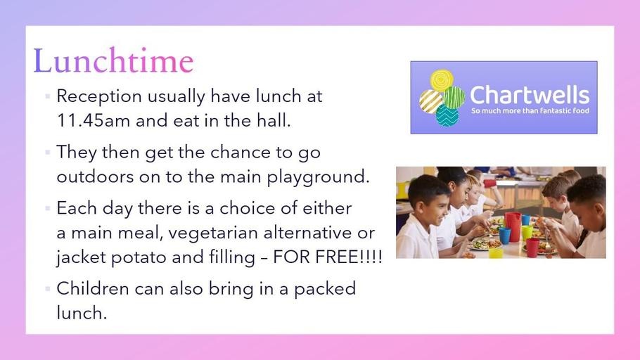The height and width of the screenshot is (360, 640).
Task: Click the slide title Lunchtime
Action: tap(113, 60)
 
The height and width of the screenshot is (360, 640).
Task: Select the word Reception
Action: tap(99, 97)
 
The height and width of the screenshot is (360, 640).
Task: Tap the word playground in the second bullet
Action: tap(318, 177)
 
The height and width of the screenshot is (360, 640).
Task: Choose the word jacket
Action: tap(81, 258)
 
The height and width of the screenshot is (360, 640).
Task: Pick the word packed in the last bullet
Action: tap(325, 289)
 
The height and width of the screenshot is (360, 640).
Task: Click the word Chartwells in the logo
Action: tap(530, 95)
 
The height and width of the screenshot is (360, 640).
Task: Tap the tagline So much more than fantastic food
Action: tap(530, 110)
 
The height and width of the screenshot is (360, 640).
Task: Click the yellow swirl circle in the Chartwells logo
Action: tap(442, 80)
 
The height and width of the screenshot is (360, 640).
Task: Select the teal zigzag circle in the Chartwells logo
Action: tap(447, 115)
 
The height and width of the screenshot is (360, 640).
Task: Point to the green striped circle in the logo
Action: tap(454, 97)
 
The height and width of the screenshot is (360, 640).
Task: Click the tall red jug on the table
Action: tap(513, 227)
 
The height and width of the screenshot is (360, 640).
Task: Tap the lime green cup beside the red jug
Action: tap(527, 233)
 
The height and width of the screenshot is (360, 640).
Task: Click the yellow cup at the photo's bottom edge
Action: tap(496, 252)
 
